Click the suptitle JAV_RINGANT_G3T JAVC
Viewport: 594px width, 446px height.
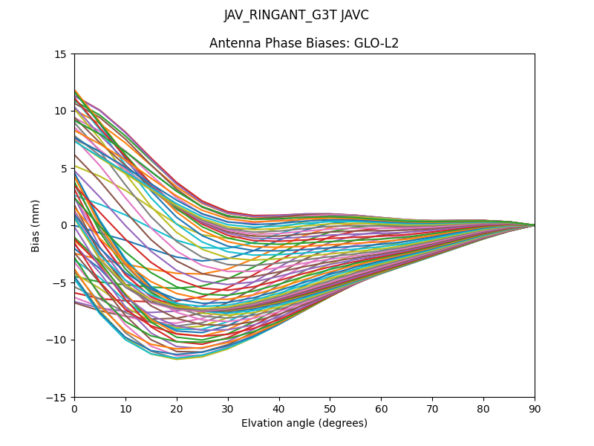(296, 15)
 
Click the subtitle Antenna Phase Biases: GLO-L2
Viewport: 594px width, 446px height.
(304, 43)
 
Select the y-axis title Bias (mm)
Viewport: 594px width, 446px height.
(36, 225)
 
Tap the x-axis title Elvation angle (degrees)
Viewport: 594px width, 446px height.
(304, 423)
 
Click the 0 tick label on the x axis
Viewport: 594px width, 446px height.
(74, 408)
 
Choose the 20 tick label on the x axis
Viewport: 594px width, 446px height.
(177, 408)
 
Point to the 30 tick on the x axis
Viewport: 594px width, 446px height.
(228, 408)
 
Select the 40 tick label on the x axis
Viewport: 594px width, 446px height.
(279, 408)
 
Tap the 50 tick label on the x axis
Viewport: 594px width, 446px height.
(330, 408)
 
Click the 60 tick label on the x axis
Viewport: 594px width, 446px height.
(381, 408)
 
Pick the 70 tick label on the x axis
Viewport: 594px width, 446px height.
(432, 408)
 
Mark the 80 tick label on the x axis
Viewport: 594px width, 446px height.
(483, 408)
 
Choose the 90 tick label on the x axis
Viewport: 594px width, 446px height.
(535, 408)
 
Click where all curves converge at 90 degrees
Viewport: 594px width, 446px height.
(534, 225)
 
